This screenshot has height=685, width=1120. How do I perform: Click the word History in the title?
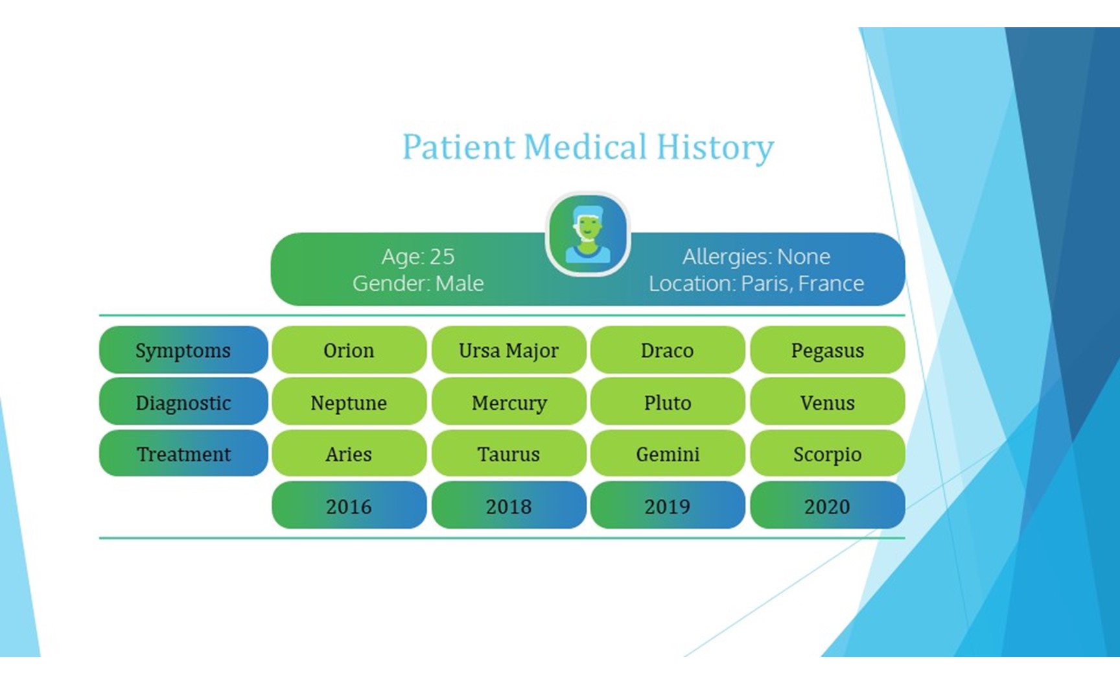[x=715, y=147]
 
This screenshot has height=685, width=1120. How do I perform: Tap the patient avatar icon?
[x=588, y=234]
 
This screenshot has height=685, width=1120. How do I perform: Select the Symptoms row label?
[x=183, y=350]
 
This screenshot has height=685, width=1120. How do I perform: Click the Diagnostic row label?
[x=183, y=402]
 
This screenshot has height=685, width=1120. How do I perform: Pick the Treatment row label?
[x=183, y=453]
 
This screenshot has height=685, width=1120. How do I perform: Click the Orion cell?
[x=349, y=350]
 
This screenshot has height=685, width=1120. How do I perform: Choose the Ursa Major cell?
[x=509, y=350]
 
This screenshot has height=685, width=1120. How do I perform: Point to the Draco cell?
[x=668, y=350]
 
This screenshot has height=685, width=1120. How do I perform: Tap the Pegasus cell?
[x=828, y=350]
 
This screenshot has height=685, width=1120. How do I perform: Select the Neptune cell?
[x=349, y=402]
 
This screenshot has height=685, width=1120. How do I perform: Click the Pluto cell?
[x=668, y=402]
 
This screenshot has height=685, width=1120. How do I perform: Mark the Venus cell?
[x=828, y=402]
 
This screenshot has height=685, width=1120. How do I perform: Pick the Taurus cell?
[x=509, y=453]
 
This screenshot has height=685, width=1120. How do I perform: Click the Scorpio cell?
[x=828, y=453]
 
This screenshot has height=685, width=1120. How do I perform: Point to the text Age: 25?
[x=418, y=257]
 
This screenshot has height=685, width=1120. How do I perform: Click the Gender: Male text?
[x=418, y=283]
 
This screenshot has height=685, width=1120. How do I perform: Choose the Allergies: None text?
[x=756, y=257]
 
